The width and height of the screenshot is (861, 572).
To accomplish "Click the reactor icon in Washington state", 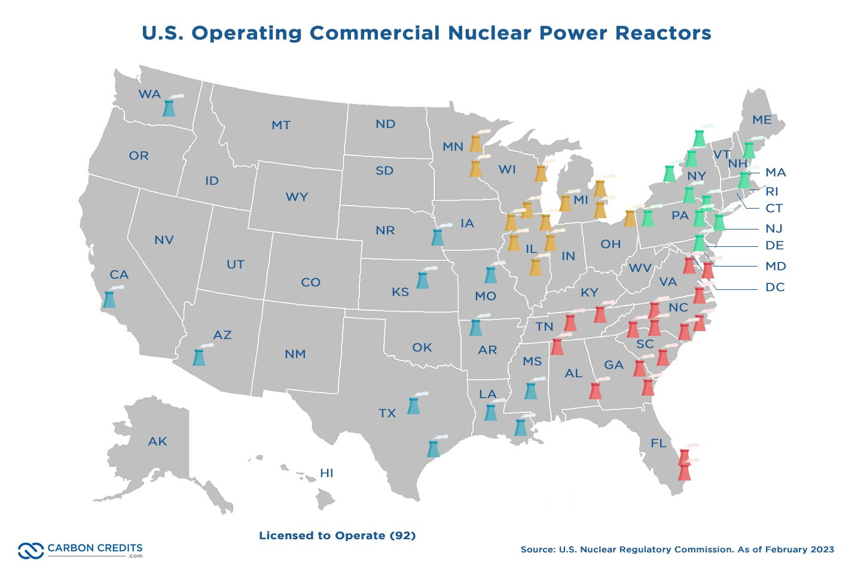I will tap(170, 107).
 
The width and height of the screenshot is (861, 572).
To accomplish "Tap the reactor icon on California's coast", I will tap(109, 298).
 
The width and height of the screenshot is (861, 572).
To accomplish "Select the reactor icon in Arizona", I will tap(199, 357).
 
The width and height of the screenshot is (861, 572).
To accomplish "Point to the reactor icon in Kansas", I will tap(423, 279).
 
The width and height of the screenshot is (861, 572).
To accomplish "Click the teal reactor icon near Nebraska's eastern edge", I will tap(438, 236).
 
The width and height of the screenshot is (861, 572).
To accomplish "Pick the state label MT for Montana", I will tap(281, 126).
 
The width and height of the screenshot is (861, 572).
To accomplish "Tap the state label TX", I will tap(387, 413).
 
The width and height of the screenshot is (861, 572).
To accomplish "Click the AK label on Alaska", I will tap(158, 442).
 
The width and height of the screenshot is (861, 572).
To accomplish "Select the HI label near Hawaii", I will tap(326, 473).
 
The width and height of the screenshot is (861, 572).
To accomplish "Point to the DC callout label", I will tap(775, 287).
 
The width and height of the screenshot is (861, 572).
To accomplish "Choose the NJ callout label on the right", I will tap(774, 228).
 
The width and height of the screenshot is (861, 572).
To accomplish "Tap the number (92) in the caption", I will tap(402, 536).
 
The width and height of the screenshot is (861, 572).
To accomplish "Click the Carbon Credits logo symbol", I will tap(30, 550).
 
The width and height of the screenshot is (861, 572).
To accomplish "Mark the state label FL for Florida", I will tap(658, 443).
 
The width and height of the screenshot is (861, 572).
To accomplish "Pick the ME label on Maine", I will tap(762, 120).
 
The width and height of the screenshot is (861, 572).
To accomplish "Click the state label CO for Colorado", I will tap(310, 282).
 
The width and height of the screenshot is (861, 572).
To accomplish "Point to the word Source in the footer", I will tap(538, 549).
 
